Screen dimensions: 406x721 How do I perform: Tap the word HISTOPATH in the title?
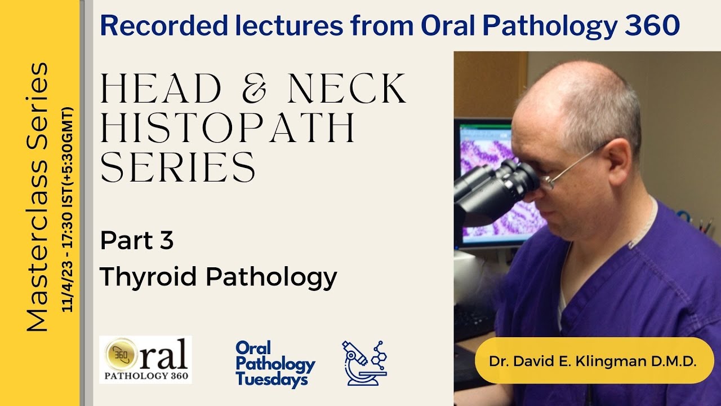tap(228, 128)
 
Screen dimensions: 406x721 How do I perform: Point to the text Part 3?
tap(137, 241)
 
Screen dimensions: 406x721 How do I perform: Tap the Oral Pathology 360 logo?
tap(145, 360)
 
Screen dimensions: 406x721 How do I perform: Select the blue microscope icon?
tap(364, 363)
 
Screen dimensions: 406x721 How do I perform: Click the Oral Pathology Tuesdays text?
tap(275, 363)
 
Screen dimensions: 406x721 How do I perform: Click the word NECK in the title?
tap(347, 89)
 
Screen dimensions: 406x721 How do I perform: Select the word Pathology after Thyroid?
tap(271, 277)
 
